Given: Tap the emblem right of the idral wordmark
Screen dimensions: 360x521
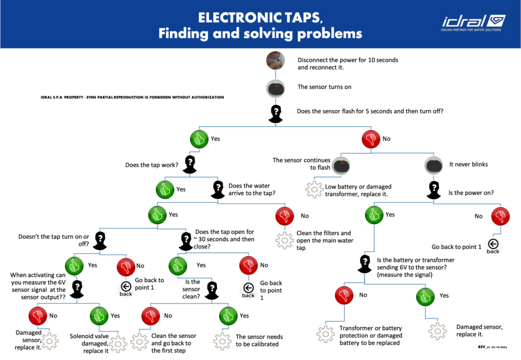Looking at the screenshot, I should pos(496,21).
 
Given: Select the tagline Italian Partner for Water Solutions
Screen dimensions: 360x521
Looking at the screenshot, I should pos(471,30).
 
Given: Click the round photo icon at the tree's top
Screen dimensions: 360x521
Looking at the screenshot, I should pos(275,60).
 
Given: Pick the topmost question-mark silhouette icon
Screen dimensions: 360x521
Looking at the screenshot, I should pos(275,114).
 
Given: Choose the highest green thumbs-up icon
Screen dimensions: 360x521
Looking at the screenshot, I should pos(199,139).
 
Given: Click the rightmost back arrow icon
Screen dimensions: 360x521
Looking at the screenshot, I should pos(493,246).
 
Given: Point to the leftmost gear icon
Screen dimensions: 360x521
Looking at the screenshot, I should pos(49,341).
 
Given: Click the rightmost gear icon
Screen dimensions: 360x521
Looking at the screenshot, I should pos(437,331).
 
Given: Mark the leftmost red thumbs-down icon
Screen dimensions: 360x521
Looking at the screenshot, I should pos(38,316).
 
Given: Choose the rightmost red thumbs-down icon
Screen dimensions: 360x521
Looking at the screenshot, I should pos(500,216).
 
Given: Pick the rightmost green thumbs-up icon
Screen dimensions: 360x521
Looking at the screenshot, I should pos(425,297).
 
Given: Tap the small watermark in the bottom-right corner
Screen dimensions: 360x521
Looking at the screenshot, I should pos(493,347).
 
